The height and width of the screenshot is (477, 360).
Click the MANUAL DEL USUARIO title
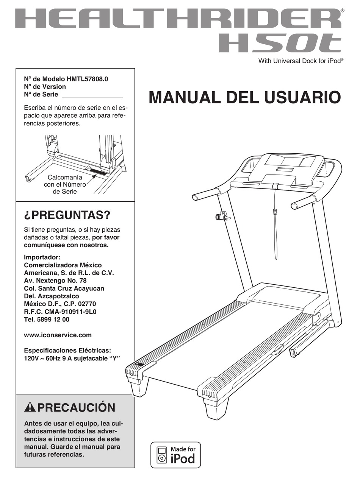pos(244,97)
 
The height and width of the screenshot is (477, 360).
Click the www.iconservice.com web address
pos(58,335)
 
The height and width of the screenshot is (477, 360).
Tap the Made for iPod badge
pos(175,455)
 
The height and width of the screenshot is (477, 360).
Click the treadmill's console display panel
pos(290,161)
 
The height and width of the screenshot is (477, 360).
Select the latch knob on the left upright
pos(222,217)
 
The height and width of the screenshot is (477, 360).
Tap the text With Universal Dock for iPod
pos(301,61)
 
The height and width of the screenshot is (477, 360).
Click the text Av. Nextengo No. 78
pos(55,281)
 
